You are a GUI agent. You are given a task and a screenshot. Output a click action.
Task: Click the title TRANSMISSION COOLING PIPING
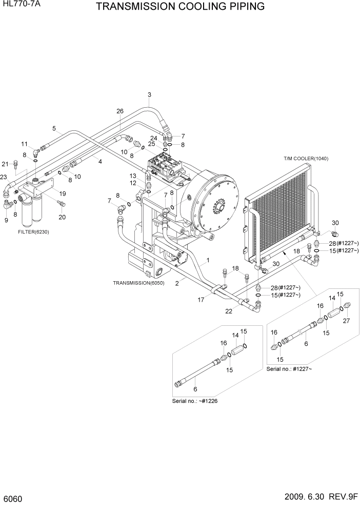(x=180, y=7)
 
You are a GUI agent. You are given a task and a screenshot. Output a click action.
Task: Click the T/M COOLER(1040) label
(x=306, y=159)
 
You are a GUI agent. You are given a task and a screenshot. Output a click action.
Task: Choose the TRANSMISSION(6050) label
(x=138, y=283)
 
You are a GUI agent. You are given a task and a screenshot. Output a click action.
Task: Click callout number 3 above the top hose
(x=149, y=94)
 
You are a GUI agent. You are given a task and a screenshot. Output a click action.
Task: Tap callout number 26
(x=120, y=111)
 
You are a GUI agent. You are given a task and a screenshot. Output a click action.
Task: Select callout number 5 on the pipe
(x=54, y=129)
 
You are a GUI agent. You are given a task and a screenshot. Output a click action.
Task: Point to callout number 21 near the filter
(x=5, y=164)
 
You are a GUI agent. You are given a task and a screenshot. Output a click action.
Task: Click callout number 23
(x=4, y=177)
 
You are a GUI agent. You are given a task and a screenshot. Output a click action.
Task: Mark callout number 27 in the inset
(x=347, y=321)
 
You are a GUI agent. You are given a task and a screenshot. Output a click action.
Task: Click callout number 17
(x=201, y=300)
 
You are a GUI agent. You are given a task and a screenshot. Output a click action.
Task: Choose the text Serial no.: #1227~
(x=289, y=369)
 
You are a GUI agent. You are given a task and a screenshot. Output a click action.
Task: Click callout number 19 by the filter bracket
(x=62, y=194)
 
